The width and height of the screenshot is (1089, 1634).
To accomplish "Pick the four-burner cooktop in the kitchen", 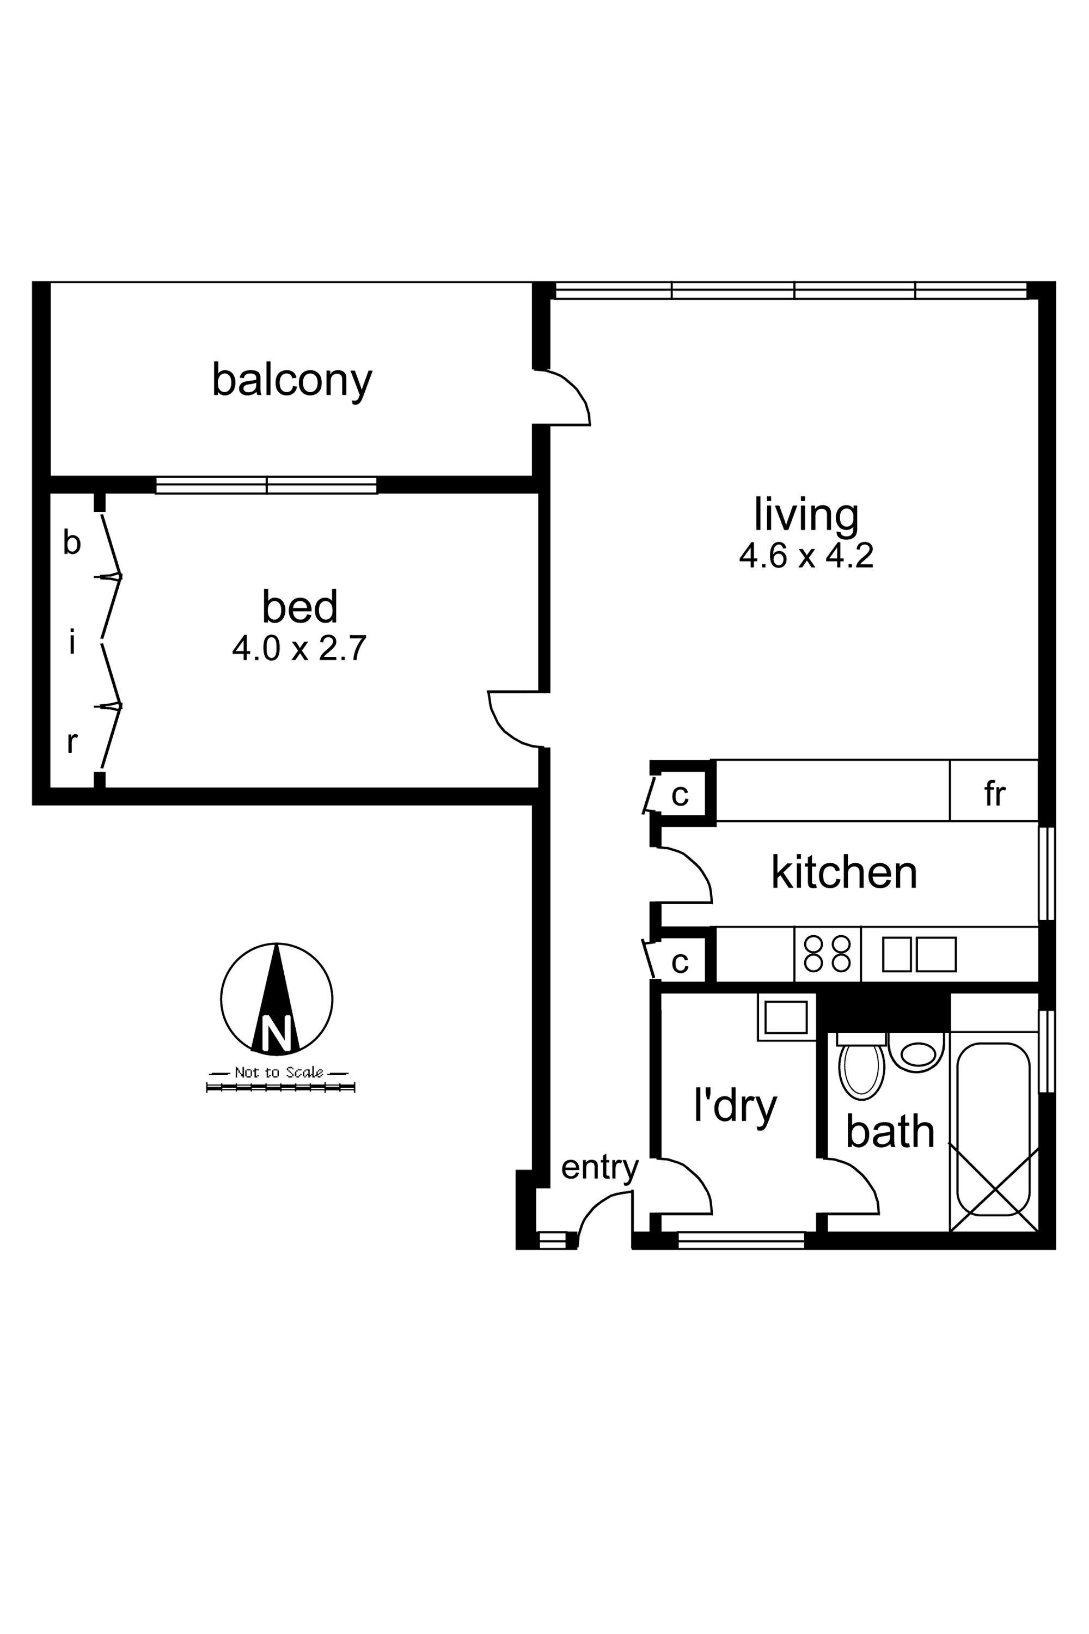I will pos(827,954).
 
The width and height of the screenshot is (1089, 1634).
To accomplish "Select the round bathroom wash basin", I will pos(917,1054).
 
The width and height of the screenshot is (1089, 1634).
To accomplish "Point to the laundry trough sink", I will pos(786,1017).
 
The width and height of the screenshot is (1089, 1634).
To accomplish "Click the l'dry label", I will pos(736,1105).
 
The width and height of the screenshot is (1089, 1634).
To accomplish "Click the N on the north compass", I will pos(277,1033).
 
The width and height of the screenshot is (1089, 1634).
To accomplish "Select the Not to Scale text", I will pos(278,1072).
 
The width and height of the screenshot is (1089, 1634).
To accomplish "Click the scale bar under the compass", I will pos(280,1087).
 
